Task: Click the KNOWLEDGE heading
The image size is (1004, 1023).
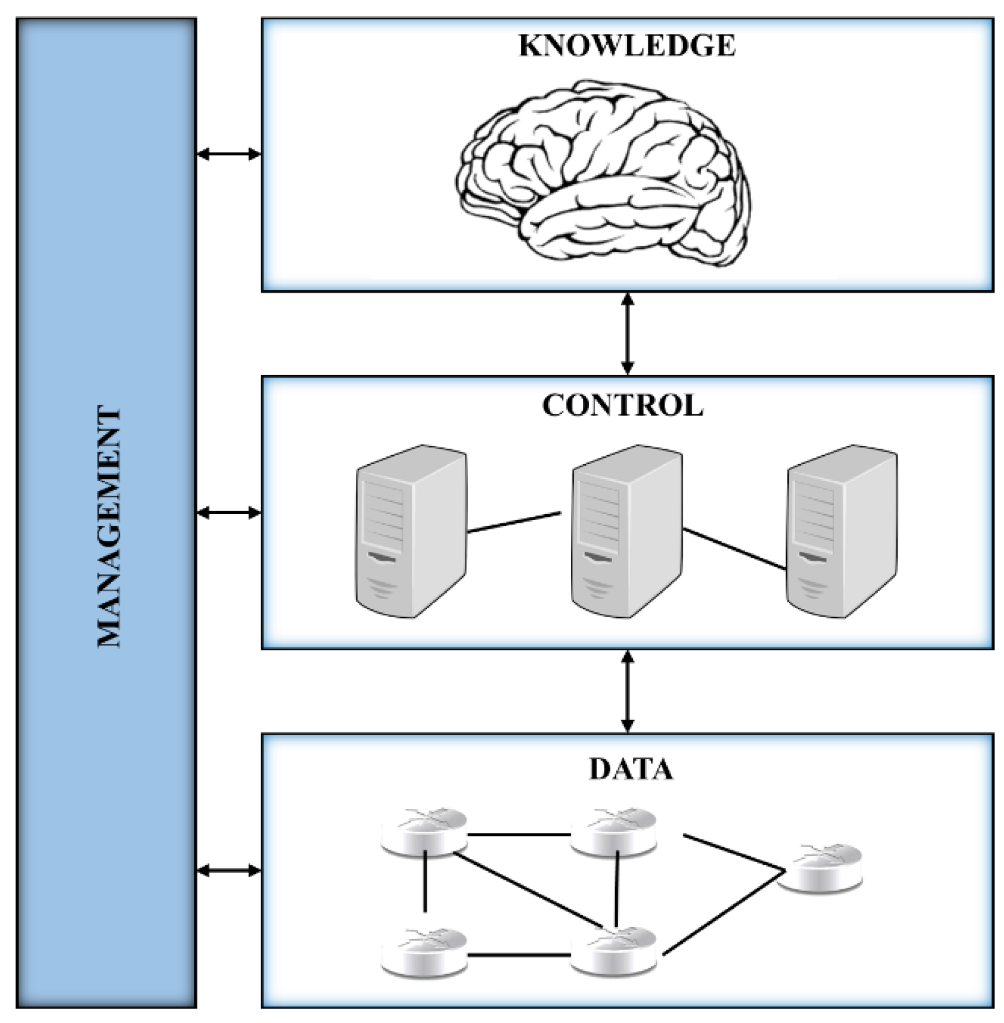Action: click(627, 46)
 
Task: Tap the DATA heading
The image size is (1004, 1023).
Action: click(631, 769)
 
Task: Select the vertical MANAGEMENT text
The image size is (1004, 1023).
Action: click(109, 527)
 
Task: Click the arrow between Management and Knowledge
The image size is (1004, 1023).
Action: click(229, 154)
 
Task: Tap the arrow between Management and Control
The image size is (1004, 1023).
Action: click(229, 513)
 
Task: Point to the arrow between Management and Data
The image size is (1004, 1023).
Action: click(229, 871)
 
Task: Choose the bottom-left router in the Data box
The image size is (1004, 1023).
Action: click(424, 953)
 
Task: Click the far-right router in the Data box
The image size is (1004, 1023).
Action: click(820, 868)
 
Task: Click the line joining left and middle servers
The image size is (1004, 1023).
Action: click(514, 523)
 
